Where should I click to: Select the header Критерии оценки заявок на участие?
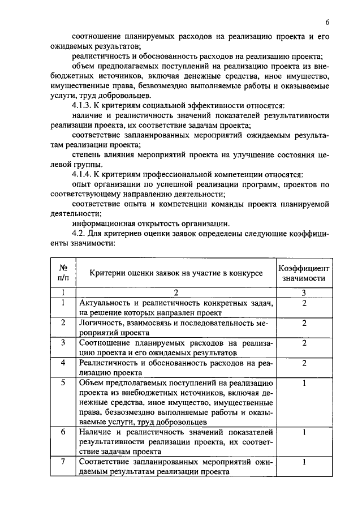point(176,273)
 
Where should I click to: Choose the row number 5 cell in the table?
point(63,382)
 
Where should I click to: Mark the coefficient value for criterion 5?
point(304,382)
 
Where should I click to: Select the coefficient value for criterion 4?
point(304,363)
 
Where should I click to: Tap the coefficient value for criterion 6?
point(304,432)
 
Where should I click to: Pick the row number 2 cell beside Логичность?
point(63,323)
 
